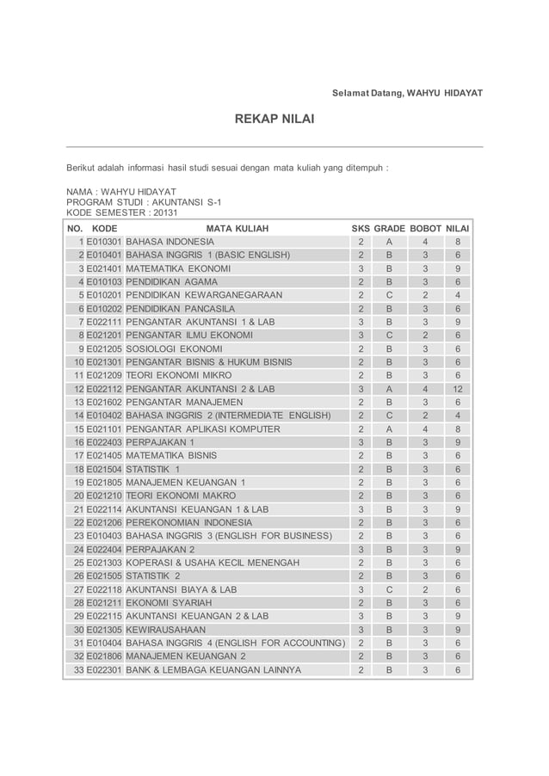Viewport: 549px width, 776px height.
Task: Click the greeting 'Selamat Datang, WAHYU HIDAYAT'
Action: click(x=408, y=92)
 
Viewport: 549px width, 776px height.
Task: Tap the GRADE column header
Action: click(x=389, y=228)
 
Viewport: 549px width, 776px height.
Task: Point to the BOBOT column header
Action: click(x=425, y=228)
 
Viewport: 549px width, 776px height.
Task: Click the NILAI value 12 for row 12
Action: click(x=458, y=389)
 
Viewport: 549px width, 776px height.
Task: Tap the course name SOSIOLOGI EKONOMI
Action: click(x=174, y=348)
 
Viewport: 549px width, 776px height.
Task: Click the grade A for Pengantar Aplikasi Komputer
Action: click(x=389, y=428)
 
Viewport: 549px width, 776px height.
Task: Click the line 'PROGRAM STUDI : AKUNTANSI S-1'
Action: click(x=144, y=201)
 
